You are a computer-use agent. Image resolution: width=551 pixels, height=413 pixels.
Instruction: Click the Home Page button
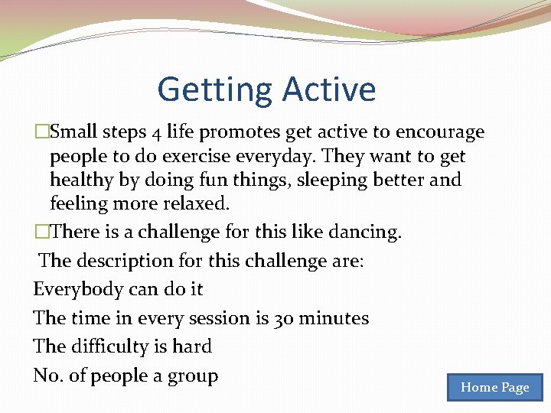tap(494, 387)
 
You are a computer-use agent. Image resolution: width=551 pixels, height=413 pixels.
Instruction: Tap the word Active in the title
tap(329, 89)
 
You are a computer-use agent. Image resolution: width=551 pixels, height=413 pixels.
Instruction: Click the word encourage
tap(440, 132)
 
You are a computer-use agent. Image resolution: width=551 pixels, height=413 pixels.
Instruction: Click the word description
tap(122, 261)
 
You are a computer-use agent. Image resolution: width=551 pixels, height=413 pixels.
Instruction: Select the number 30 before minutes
tap(283, 318)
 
